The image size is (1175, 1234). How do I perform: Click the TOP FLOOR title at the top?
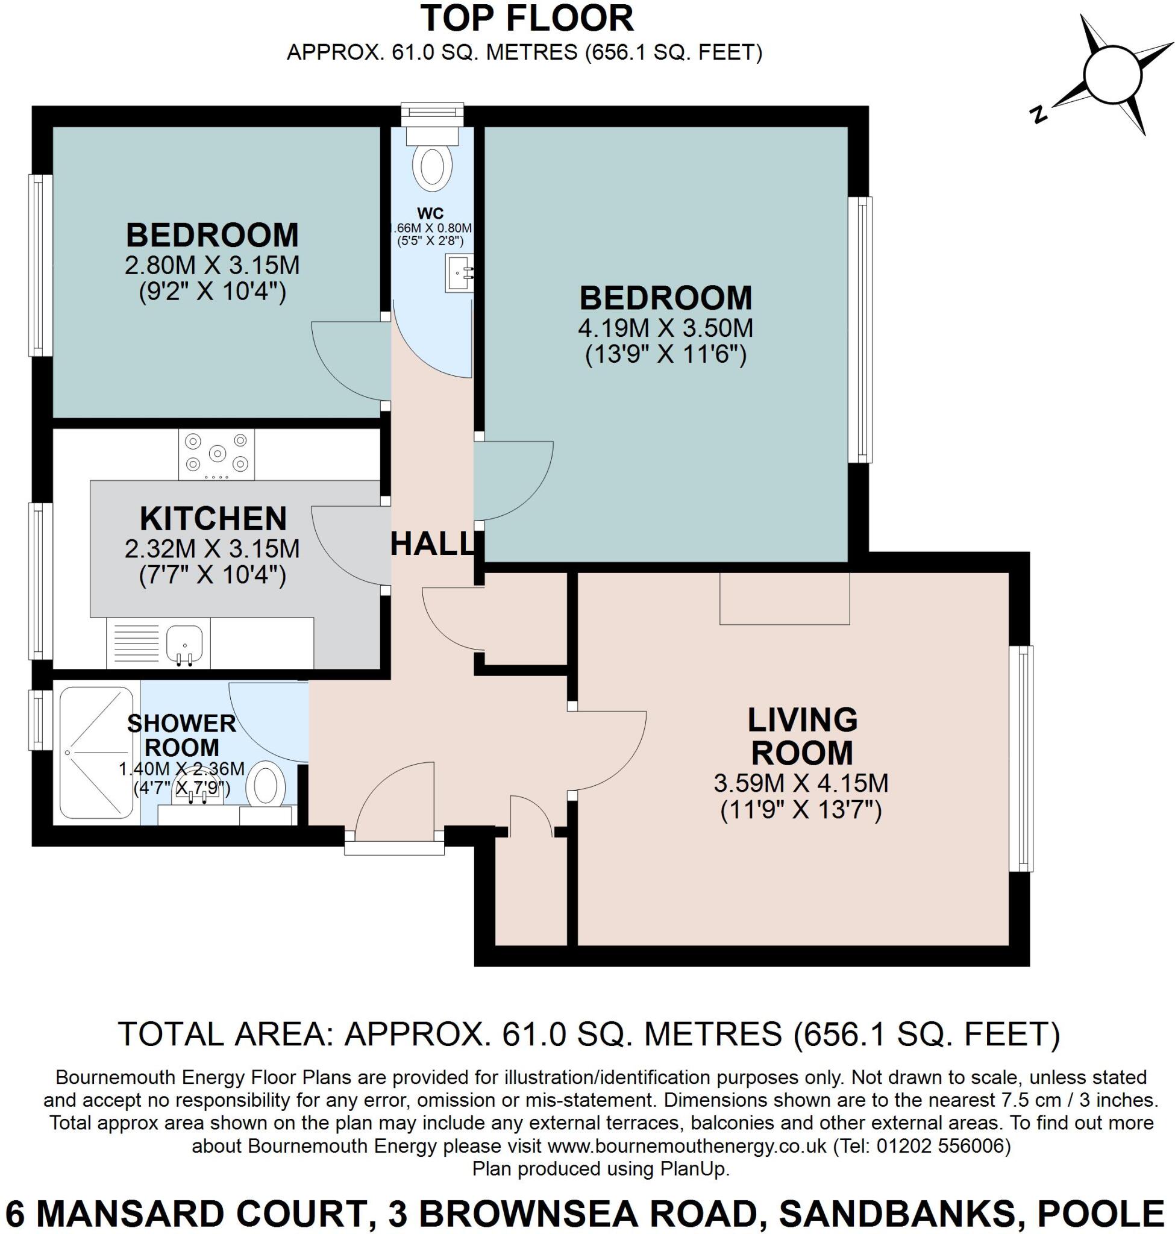coord(526,18)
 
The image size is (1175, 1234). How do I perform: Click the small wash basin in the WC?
coord(460,273)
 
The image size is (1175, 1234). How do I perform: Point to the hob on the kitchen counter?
coord(217,454)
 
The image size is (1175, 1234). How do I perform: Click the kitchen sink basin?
coord(184,642)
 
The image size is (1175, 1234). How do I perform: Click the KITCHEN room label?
coord(213,519)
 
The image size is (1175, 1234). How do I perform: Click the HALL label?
coord(431,543)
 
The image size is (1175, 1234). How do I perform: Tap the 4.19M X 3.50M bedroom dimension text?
coord(666,328)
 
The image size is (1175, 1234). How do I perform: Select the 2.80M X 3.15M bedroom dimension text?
coord(211,265)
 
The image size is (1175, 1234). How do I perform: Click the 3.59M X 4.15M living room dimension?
coord(801,783)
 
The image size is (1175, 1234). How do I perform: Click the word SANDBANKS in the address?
coord(895,1214)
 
